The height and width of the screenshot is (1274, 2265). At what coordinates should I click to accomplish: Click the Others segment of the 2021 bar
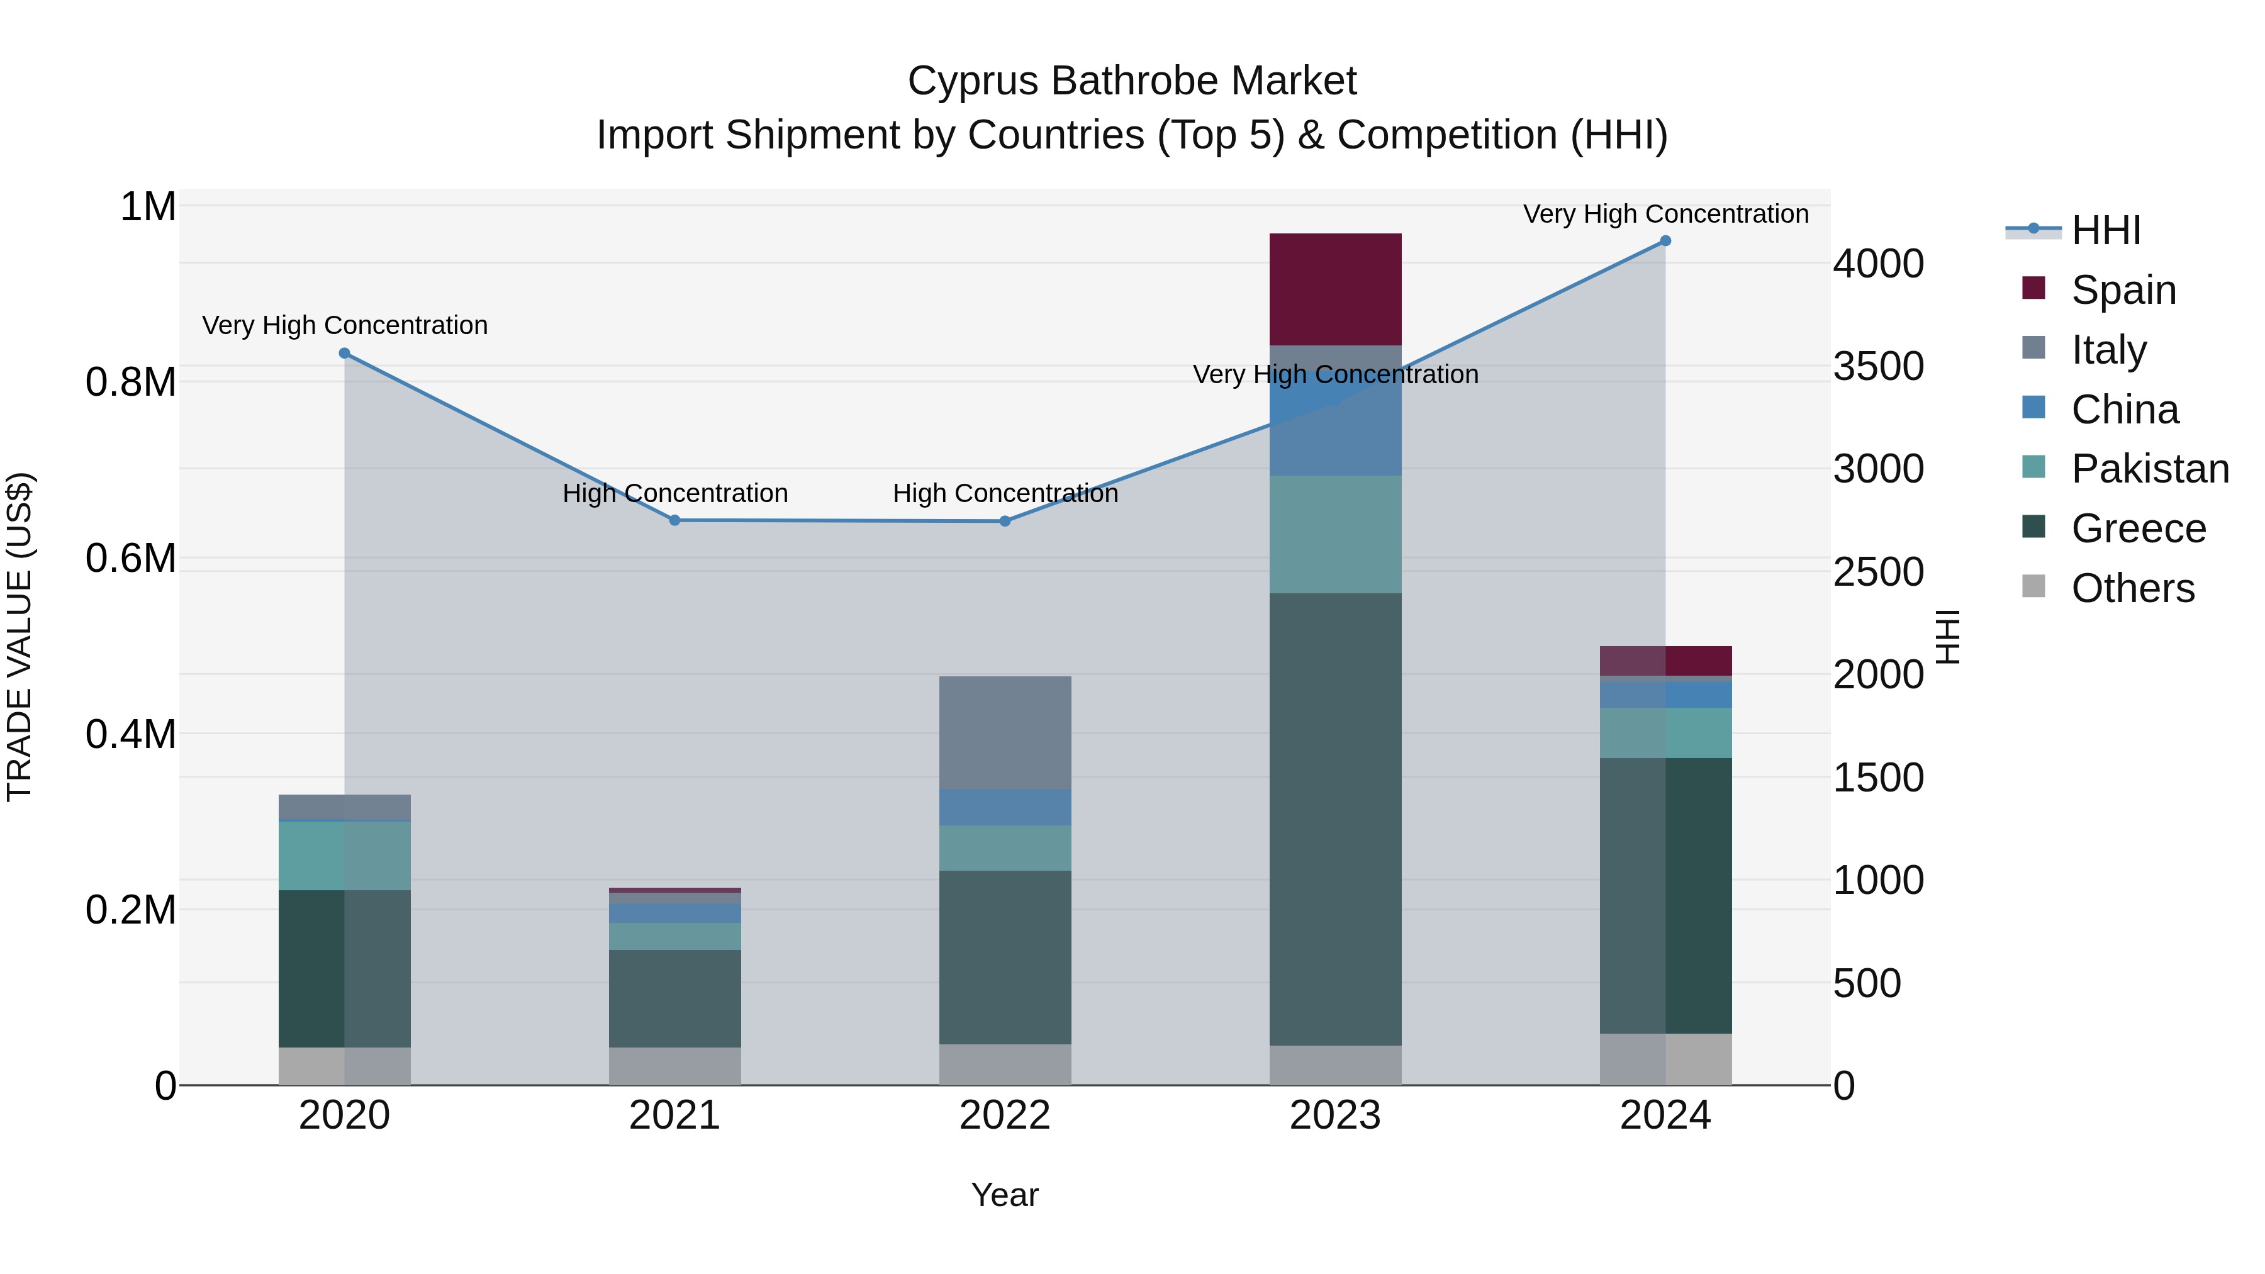674,1066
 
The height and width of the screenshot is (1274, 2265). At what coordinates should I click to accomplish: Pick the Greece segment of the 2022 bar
1005,958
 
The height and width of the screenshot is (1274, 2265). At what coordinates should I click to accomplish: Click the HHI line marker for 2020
345,354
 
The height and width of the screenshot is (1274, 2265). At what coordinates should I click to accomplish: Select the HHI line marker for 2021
674,520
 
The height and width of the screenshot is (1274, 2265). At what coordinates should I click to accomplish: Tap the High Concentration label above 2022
1005,493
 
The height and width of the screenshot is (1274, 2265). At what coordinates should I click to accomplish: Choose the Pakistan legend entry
2149,469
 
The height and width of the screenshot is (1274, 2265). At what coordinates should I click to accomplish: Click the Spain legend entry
2123,290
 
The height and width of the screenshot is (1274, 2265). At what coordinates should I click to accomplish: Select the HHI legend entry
2105,230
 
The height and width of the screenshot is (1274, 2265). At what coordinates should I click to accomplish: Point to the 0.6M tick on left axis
130,558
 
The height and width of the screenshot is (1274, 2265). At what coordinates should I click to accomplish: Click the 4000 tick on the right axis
1878,264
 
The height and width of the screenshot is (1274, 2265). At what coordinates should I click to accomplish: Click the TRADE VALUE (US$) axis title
20,637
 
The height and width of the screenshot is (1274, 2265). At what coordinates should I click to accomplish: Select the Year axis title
1004,1195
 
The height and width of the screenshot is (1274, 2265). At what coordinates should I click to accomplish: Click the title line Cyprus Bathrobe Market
1132,81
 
